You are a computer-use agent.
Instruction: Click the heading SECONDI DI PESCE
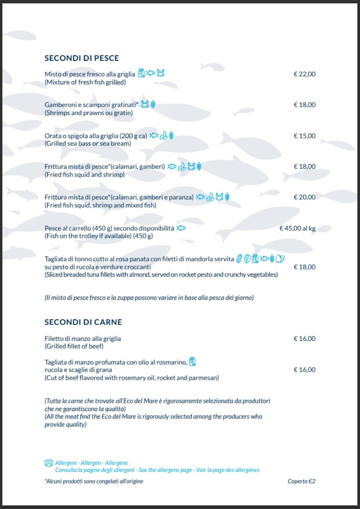(82, 58)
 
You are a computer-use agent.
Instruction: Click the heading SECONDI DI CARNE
(83, 322)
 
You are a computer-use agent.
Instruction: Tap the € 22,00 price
(304, 74)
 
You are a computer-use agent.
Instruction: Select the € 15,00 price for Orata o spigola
(304, 136)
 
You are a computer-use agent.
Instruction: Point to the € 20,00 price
(304, 197)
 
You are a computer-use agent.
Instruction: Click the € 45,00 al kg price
(297, 228)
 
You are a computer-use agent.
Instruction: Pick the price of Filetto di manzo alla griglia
(304, 339)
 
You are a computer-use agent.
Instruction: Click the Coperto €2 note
(301, 481)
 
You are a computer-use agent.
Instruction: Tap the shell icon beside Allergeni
(49, 463)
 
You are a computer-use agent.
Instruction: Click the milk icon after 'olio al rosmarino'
(192, 361)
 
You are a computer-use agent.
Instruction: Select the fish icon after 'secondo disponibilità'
(181, 228)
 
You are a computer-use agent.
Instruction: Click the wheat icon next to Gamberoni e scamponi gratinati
(153, 104)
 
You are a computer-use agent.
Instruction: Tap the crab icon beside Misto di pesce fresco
(161, 73)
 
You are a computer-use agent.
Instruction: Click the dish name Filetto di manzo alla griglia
(83, 339)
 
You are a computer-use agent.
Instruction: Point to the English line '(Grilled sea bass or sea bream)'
(88, 143)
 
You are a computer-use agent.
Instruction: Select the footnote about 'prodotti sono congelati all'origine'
(94, 481)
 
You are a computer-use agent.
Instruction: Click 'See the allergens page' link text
(165, 470)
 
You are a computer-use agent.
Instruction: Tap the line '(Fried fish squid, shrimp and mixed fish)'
(100, 205)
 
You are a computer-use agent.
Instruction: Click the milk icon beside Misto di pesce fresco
(141, 73)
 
